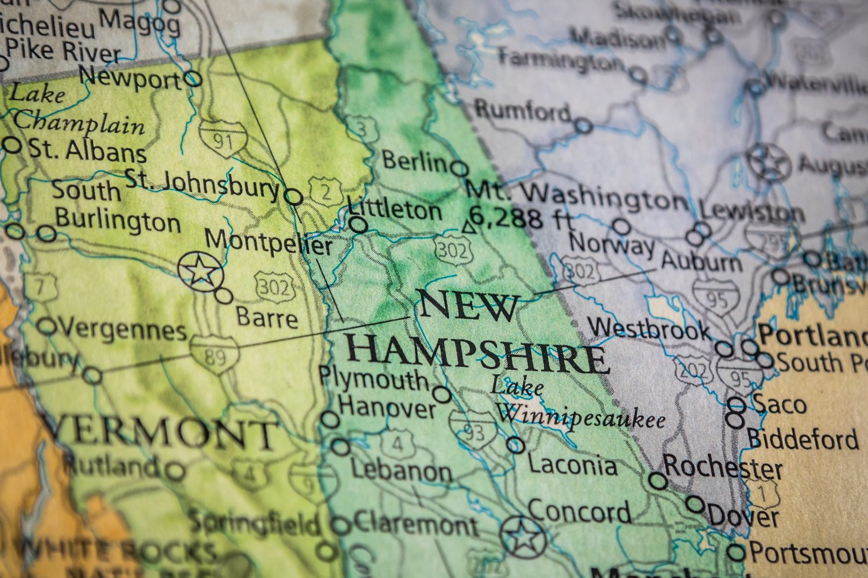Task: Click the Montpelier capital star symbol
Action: pyautogui.click(x=200, y=270)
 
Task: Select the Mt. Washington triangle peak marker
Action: pyautogui.click(x=468, y=227)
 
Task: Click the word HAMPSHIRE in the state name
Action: pyautogui.click(x=477, y=354)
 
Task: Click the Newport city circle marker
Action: pyautogui.click(x=193, y=79)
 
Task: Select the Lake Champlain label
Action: pyautogui.click(x=75, y=108)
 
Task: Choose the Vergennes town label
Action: pyautogui.click(x=122, y=330)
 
